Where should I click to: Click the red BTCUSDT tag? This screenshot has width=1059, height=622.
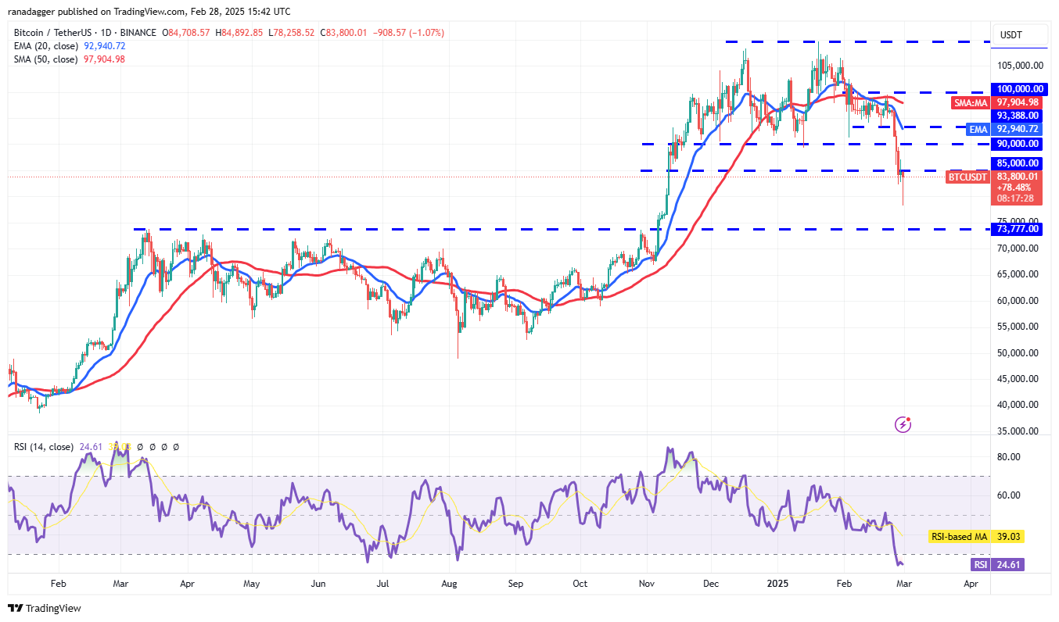click(x=967, y=177)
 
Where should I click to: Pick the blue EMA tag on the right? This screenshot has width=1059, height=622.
click(x=978, y=129)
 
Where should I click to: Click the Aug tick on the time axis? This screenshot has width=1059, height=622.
click(x=449, y=583)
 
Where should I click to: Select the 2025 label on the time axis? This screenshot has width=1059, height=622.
click(x=777, y=583)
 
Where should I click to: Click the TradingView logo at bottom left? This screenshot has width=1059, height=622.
click(x=45, y=608)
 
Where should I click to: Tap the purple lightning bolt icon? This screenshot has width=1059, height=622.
click(x=903, y=424)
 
